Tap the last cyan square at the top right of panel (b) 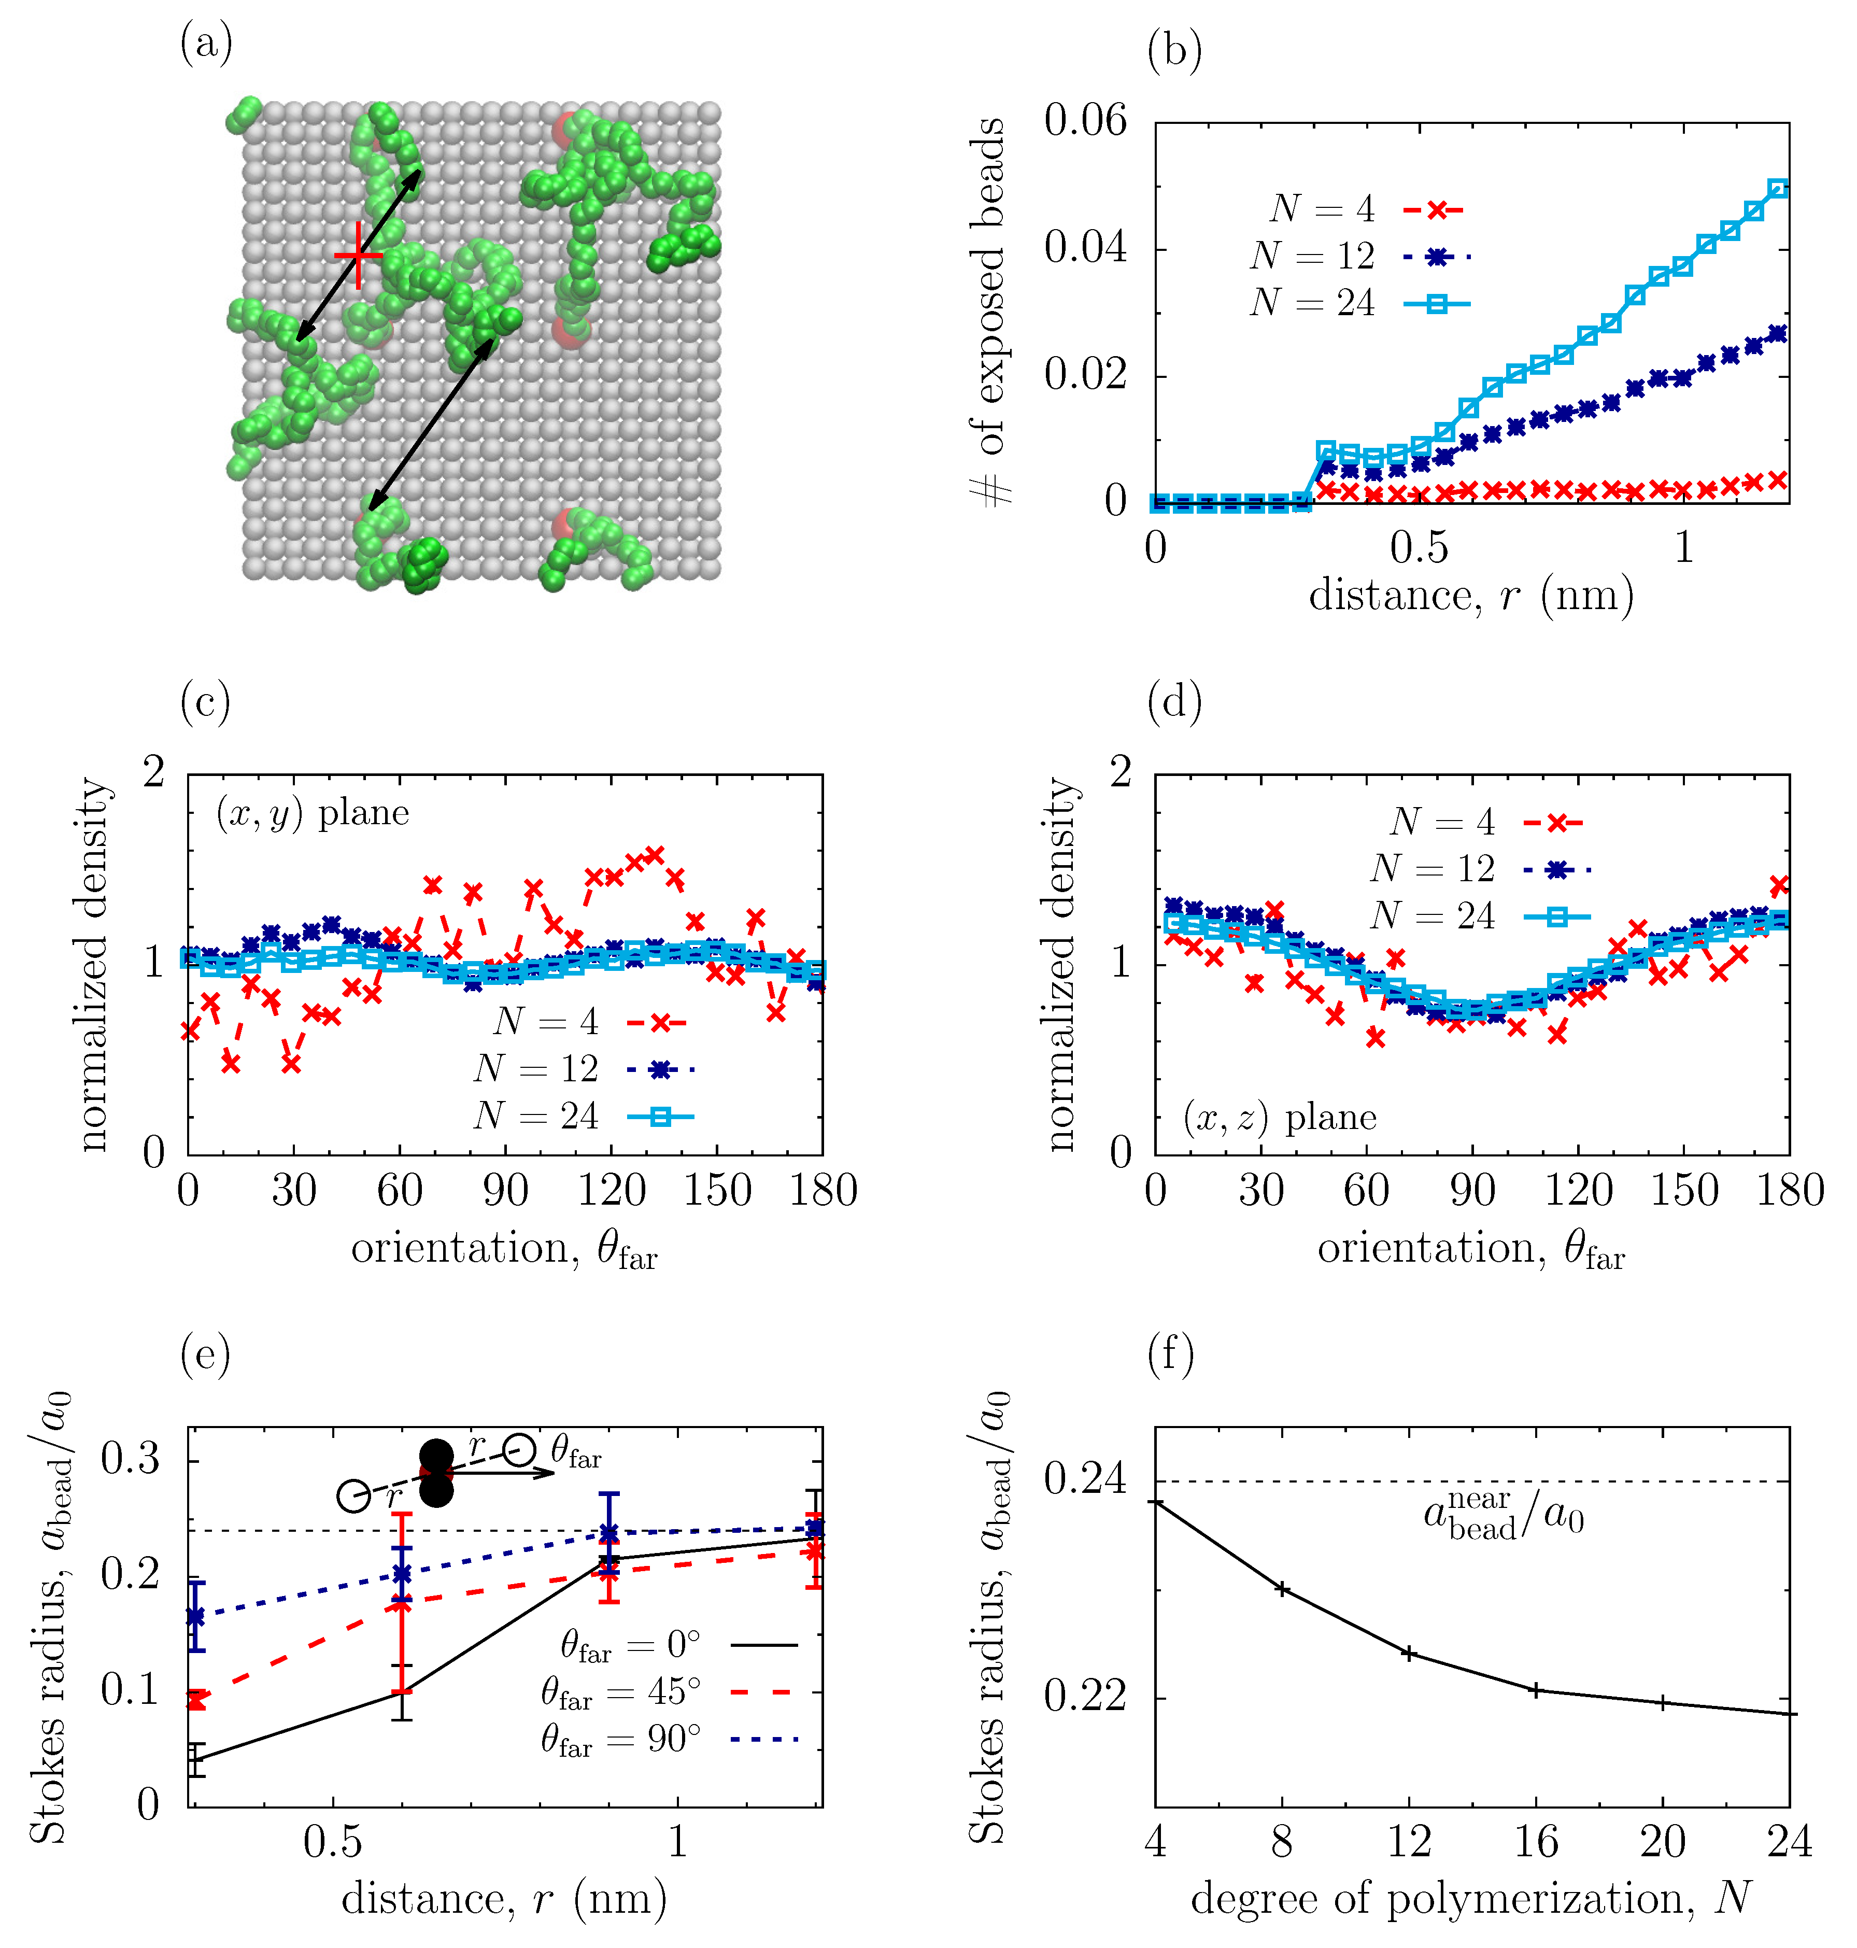click(1778, 188)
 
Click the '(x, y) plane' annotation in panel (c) click(313, 813)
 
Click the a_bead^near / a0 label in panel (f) click(1504, 1516)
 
